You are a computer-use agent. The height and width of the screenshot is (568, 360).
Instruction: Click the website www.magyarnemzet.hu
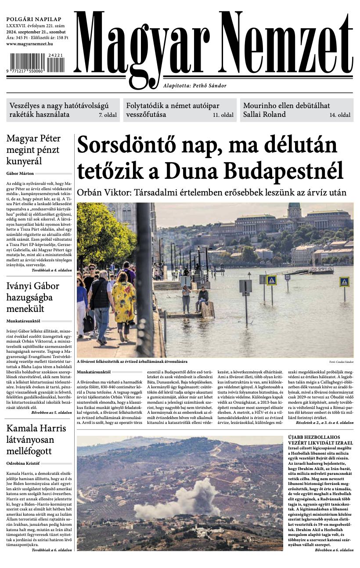(x=29, y=44)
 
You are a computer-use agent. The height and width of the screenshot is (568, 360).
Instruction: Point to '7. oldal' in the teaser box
(x=107, y=115)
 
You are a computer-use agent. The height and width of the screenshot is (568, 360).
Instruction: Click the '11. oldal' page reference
(x=223, y=115)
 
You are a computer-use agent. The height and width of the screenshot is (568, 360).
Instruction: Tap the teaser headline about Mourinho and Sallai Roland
(x=286, y=110)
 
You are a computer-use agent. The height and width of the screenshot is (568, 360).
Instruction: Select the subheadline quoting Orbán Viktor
(x=212, y=192)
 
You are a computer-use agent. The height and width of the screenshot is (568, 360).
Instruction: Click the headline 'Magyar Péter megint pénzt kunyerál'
(x=33, y=150)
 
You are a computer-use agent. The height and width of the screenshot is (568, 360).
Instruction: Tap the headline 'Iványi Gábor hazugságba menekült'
(x=32, y=297)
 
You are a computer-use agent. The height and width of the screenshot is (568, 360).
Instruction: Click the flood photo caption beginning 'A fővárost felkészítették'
(x=132, y=362)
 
